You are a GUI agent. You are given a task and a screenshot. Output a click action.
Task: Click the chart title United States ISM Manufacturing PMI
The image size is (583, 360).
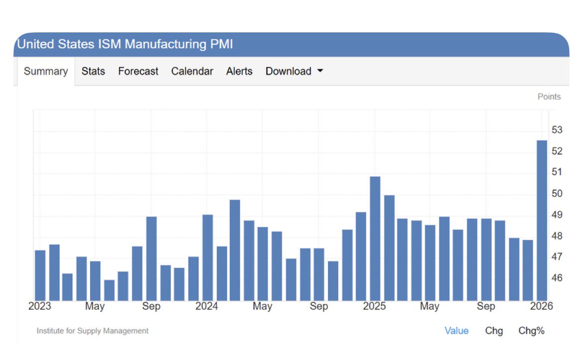125,44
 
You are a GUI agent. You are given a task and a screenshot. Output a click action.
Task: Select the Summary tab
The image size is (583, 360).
45,71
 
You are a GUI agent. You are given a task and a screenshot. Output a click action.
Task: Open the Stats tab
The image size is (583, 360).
93,71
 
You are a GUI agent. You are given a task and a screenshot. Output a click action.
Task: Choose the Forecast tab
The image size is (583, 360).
138,71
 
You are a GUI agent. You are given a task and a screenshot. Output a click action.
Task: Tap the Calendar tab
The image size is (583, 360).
192,71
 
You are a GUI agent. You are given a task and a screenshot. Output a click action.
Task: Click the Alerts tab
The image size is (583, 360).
239,71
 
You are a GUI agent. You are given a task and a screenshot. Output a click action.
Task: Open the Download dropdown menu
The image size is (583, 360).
294,71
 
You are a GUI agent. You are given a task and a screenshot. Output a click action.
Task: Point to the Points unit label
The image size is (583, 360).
549,97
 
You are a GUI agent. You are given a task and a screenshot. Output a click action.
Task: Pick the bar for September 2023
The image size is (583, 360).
151,258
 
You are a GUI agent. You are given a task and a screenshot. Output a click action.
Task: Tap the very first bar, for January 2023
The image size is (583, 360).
40,275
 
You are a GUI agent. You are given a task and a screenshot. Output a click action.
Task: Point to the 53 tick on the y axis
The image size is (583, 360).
557,130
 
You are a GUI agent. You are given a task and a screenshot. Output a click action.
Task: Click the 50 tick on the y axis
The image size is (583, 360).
557,193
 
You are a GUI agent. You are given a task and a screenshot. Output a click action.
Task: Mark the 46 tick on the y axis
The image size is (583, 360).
557,277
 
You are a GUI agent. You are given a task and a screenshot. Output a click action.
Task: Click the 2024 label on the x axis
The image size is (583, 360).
207,306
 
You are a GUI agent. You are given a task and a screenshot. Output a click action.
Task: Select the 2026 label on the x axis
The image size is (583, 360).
542,306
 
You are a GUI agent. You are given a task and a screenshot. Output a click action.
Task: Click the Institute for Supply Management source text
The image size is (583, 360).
93,331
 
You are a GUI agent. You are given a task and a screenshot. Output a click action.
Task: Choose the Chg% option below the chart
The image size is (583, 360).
531,331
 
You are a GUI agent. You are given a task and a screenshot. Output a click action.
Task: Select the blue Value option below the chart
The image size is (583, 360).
456,331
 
